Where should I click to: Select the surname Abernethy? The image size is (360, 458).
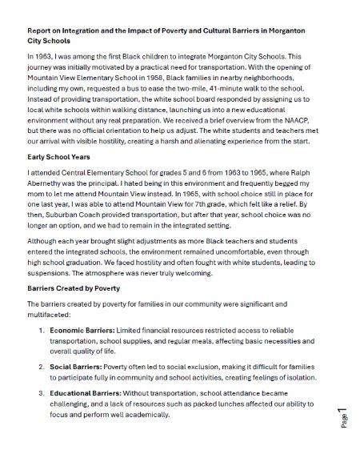(x=50, y=184)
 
